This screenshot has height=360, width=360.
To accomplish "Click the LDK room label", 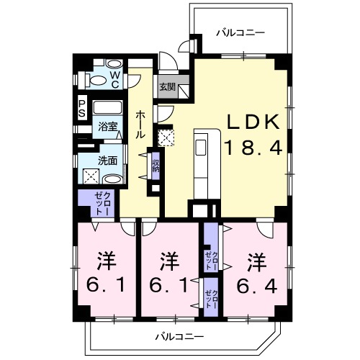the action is tap(253, 122).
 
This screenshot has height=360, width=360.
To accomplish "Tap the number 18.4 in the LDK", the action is tap(253, 148).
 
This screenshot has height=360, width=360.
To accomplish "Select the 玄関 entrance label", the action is tap(168, 86).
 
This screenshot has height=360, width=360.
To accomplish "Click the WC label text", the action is tap(115, 80).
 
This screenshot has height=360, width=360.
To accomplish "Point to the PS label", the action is tap(82, 109).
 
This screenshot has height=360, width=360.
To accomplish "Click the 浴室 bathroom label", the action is tap(107, 127).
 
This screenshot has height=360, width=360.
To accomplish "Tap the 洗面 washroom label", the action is tap(107, 161).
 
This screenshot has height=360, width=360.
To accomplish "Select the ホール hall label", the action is tap(140, 125).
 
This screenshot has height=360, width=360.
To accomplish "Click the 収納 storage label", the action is tap(156, 166).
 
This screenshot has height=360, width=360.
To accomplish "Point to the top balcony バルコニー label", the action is tap(240, 32).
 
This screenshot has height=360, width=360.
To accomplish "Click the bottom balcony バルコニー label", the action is tap(179, 337).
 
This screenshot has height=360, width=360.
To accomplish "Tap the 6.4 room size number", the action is tap(257, 286).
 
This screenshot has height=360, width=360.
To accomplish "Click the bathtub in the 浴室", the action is tap(108, 107).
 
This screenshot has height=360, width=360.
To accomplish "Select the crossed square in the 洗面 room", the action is tap(91, 176).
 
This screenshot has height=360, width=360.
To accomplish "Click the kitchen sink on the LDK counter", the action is tap(201, 148).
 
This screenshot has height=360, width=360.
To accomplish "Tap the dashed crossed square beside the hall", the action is tap(166, 138).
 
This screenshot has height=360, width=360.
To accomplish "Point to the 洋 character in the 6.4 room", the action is tap(257, 262).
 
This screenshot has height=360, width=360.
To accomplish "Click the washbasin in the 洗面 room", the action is tap(113, 179).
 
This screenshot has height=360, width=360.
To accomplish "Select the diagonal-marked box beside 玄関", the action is tap(184, 91).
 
